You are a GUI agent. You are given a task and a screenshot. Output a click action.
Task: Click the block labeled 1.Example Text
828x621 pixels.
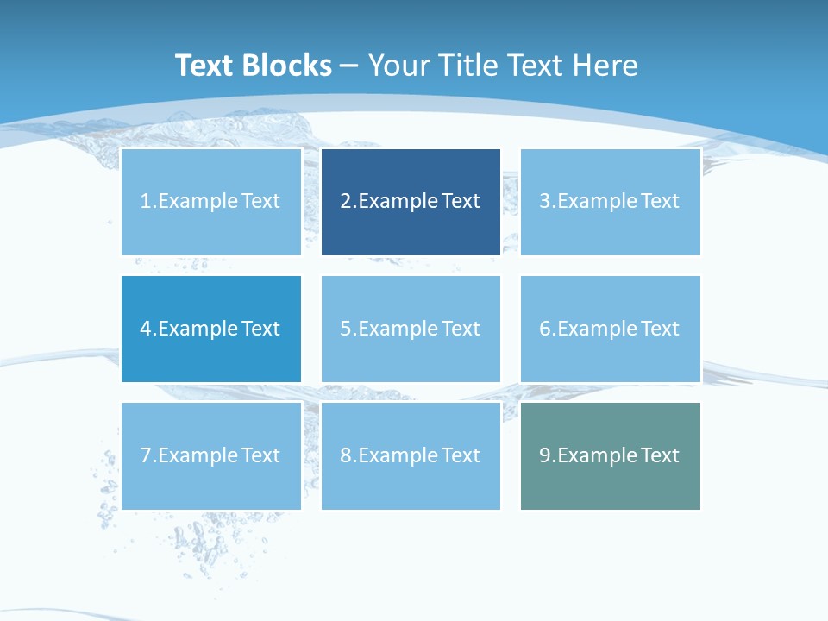coord(211,202)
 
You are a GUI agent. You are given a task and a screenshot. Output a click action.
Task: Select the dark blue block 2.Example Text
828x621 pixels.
coord(411,202)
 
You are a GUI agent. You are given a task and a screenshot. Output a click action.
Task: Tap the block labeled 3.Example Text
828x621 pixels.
coord(611,202)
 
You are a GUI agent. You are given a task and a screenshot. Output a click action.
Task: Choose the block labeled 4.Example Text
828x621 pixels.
coord(211,329)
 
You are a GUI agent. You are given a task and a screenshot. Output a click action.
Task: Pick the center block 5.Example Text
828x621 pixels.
coord(411,329)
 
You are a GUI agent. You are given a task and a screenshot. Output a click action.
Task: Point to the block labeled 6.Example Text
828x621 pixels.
coord(611,329)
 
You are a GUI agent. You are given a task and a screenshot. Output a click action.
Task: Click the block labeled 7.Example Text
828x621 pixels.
coord(211,455)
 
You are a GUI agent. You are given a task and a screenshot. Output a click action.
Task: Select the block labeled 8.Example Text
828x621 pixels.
coord(411,455)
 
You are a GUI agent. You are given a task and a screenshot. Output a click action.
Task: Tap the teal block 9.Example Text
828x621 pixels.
coord(611,455)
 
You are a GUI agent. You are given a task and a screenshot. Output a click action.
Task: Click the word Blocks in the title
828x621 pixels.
coord(289,66)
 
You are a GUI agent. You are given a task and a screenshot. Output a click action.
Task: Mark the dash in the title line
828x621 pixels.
coord(349,66)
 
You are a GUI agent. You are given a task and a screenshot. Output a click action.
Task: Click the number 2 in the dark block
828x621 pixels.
coord(345,202)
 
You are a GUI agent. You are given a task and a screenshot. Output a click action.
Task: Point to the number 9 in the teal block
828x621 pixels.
coord(545,455)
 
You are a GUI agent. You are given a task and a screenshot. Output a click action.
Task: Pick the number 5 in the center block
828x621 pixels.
coord(345,329)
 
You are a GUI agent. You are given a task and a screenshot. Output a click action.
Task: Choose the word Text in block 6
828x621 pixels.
coord(660,329)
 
